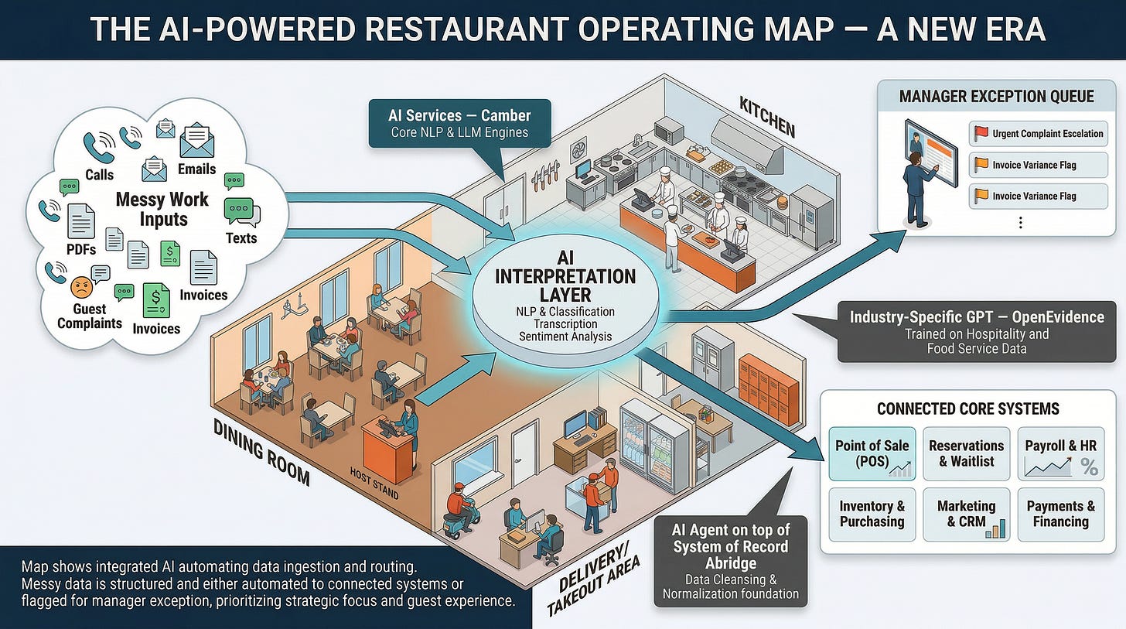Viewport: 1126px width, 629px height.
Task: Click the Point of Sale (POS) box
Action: [x=872, y=453]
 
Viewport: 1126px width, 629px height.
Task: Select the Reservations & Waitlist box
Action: [x=966, y=453]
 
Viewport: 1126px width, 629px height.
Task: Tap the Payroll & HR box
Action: [x=1060, y=453]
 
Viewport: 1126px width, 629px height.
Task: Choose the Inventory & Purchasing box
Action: [x=872, y=514]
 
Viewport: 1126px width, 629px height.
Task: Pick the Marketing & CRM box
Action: [x=966, y=514]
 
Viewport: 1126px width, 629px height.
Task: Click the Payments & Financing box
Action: [x=1060, y=514]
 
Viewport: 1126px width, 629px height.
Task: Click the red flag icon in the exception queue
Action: [x=981, y=133]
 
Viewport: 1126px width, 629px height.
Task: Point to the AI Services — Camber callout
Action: [x=459, y=122]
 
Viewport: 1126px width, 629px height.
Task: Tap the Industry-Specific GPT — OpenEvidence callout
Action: [x=977, y=332]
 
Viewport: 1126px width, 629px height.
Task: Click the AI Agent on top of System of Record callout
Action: [x=730, y=561]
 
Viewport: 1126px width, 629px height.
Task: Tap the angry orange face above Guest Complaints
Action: [x=81, y=288]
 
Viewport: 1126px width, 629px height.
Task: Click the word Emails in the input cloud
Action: [x=196, y=169]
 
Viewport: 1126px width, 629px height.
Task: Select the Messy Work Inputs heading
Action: [x=162, y=209]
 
